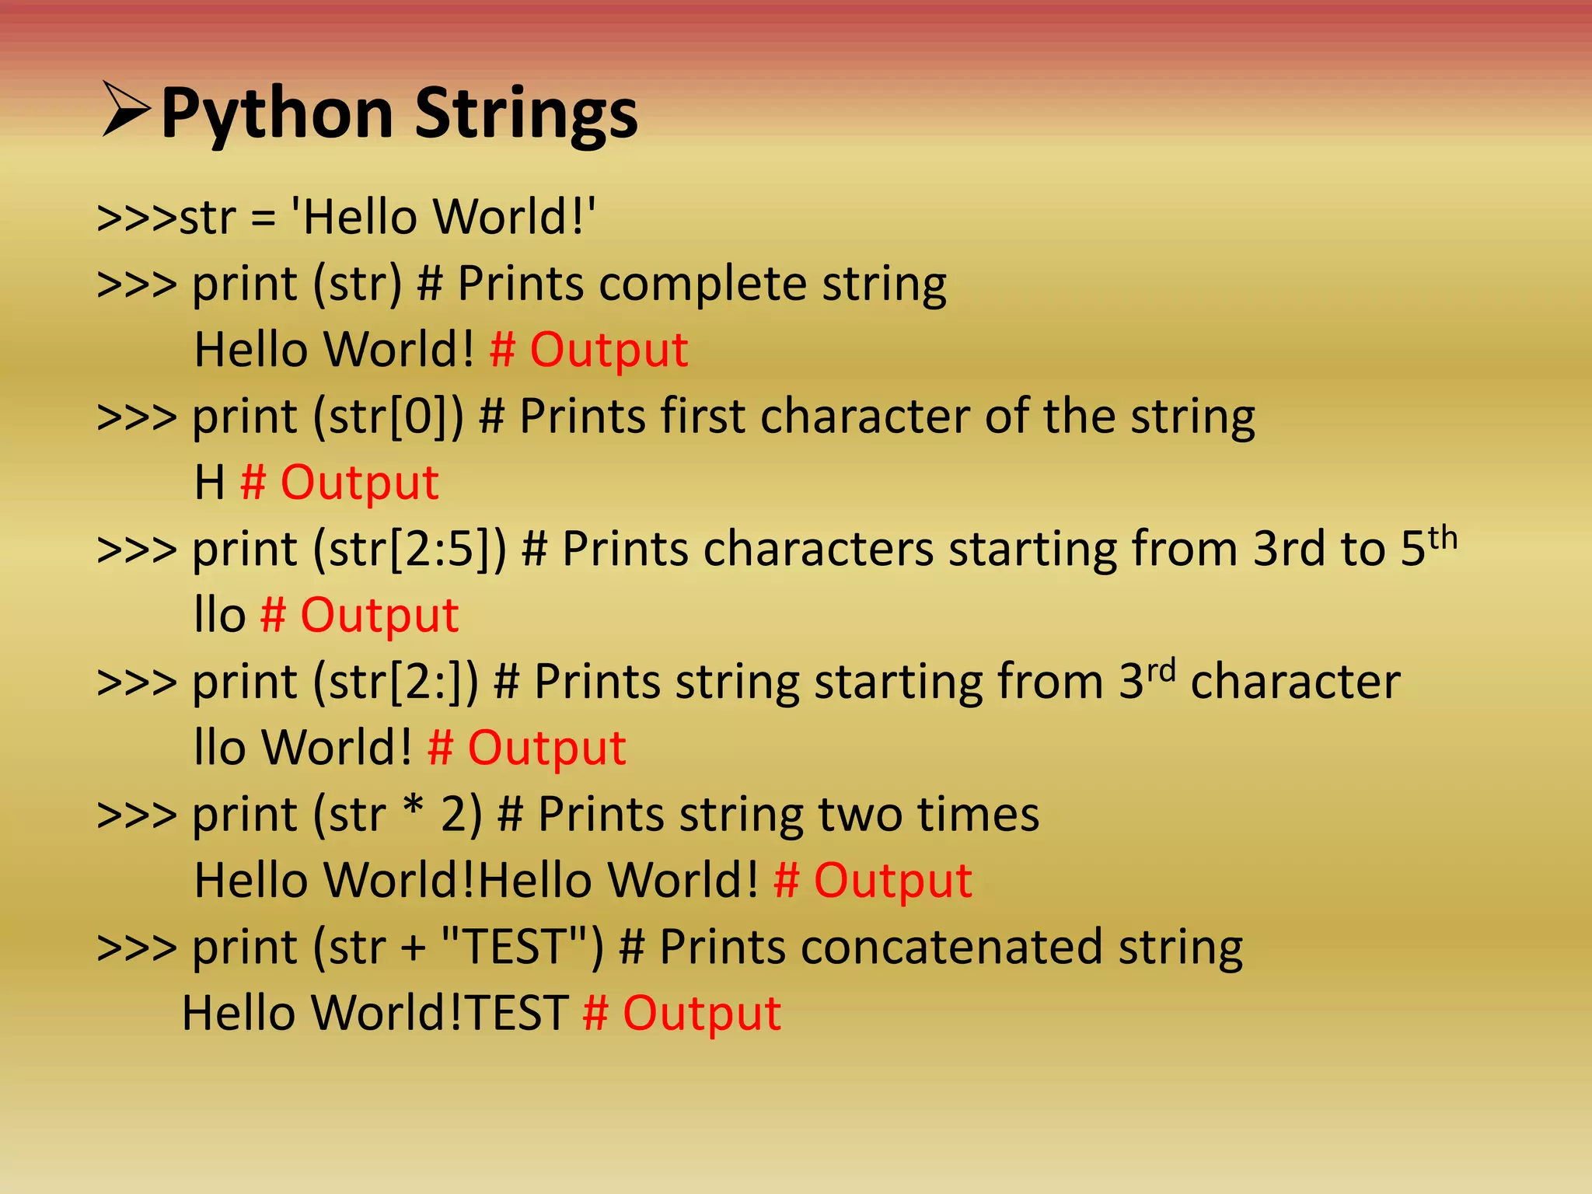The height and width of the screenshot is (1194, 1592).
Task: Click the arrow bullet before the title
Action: coord(125,110)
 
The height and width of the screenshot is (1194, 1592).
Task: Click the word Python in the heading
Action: coord(277,115)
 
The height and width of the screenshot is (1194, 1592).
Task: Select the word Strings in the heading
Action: coord(525,115)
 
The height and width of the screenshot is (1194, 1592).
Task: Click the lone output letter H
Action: coord(209,483)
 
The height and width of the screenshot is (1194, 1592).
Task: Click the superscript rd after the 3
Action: coord(1161,671)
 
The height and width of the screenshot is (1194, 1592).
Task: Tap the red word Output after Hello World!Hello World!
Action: coord(892,882)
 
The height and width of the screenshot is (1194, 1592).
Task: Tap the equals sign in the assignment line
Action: coord(264,218)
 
